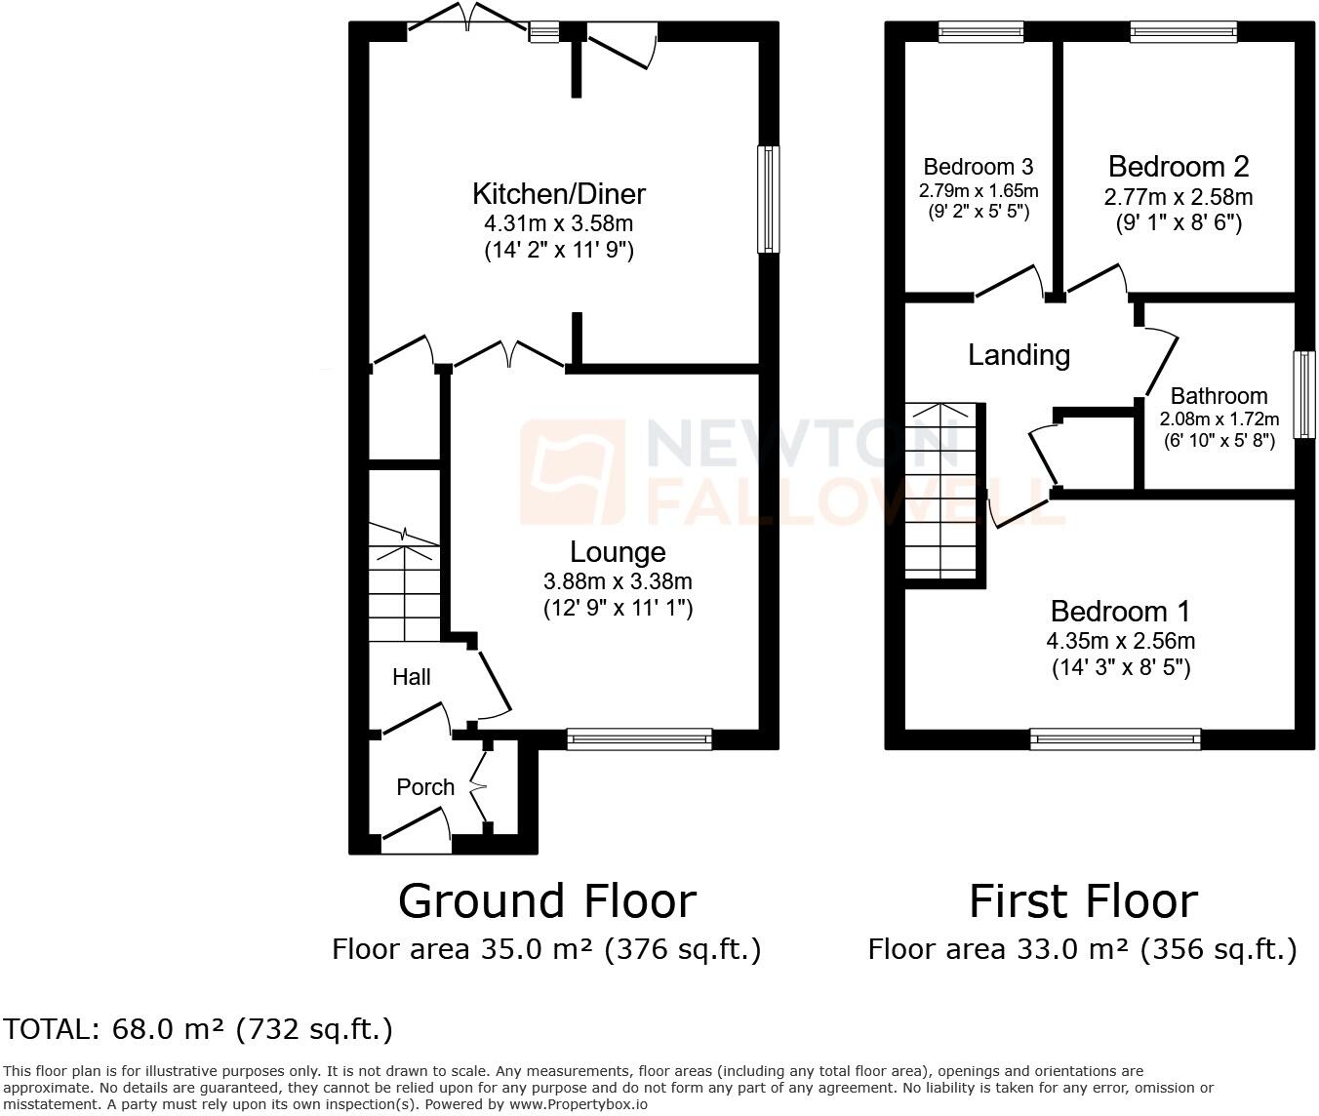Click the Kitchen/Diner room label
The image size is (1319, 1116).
point(559,193)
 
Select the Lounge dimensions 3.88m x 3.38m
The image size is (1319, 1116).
point(618,582)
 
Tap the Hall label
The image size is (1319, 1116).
point(411,677)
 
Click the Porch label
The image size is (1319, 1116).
point(425,787)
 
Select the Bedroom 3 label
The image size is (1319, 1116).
point(978,167)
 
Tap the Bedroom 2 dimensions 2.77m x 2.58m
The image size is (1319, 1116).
point(1179,197)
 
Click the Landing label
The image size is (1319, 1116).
point(1019,354)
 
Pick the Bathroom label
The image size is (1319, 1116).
point(1219,396)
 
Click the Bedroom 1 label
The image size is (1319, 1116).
point(1120,612)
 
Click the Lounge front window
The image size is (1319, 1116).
point(639,739)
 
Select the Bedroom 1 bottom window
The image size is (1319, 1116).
point(1115,739)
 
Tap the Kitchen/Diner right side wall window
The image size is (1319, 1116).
point(769,199)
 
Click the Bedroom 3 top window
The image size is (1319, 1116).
point(980,32)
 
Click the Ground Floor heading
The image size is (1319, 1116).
point(546,900)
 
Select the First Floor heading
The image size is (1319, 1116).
point(1083,900)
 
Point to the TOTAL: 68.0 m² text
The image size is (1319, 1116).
point(198,1029)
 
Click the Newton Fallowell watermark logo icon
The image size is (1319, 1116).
point(573,472)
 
